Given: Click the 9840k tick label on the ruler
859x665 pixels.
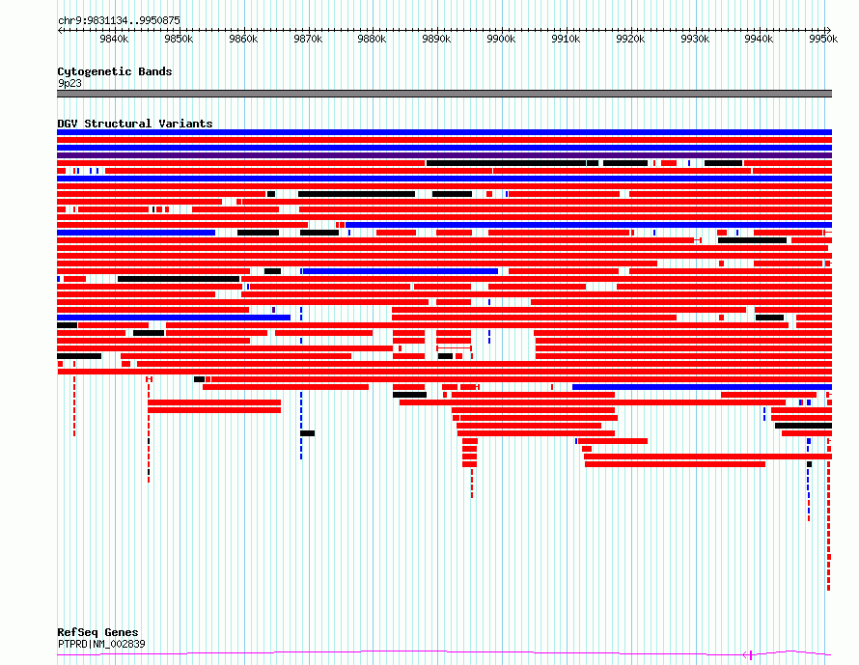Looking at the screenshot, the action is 114,39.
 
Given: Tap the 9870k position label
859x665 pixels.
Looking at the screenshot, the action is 308,39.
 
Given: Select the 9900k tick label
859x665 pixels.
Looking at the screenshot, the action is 501,39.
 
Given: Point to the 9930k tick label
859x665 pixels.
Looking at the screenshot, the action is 695,39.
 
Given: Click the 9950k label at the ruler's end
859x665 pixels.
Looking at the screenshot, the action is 823,39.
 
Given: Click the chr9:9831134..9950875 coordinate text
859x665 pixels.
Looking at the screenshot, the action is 119,21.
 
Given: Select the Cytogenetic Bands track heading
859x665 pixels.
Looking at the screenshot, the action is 115,71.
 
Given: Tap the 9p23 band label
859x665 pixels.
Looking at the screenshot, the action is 69,83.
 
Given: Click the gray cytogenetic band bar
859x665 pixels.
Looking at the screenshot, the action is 444,94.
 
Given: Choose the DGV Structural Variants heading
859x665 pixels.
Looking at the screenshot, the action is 135,124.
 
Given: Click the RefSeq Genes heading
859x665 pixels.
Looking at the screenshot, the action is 97,632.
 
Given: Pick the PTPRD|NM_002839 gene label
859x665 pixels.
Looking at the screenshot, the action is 101,644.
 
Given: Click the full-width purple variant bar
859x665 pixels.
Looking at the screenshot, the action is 444,155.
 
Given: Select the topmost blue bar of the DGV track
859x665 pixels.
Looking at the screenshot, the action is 444,132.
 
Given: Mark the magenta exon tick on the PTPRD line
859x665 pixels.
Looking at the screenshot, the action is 751,654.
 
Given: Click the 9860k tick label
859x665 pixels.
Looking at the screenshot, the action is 243,39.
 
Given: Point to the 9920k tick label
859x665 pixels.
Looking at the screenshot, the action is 630,39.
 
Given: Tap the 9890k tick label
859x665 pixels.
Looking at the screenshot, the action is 436,39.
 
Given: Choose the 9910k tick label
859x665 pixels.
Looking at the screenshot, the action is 566,39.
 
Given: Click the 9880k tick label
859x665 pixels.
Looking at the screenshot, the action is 372,39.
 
